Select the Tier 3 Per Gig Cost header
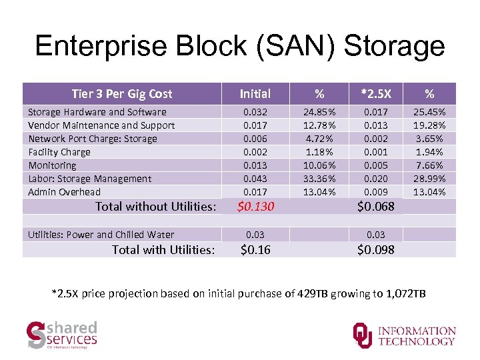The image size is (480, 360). click(x=121, y=94)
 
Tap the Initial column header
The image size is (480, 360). click(x=255, y=94)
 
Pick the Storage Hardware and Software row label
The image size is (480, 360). click(x=97, y=112)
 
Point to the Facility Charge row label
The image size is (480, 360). click(x=59, y=152)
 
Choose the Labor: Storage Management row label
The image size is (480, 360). click(x=90, y=179)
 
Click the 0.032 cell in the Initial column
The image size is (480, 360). click(x=255, y=112)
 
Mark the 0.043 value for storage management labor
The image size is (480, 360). click(x=255, y=179)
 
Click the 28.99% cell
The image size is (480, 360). click(x=430, y=179)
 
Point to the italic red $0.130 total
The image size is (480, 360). click(x=256, y=207)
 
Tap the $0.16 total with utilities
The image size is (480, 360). click(x=255, y=250)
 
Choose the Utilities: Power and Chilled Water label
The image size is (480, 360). click(x=101, y=235)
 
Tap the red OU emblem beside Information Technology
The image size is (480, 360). click(x=363, y=335)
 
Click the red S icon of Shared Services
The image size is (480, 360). click(x=36, y=335)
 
